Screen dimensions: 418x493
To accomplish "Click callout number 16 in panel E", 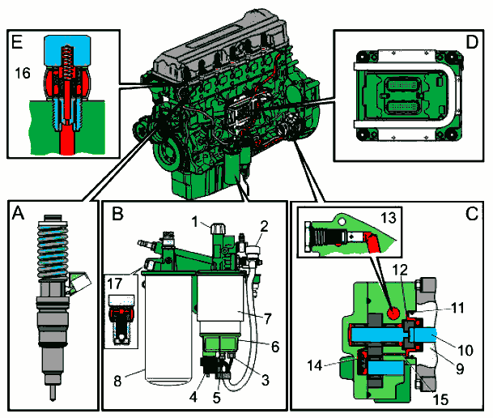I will click(22, 74).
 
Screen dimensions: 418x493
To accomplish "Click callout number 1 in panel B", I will click(195, 221).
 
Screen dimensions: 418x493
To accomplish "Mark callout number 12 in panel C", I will click(398, 292).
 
